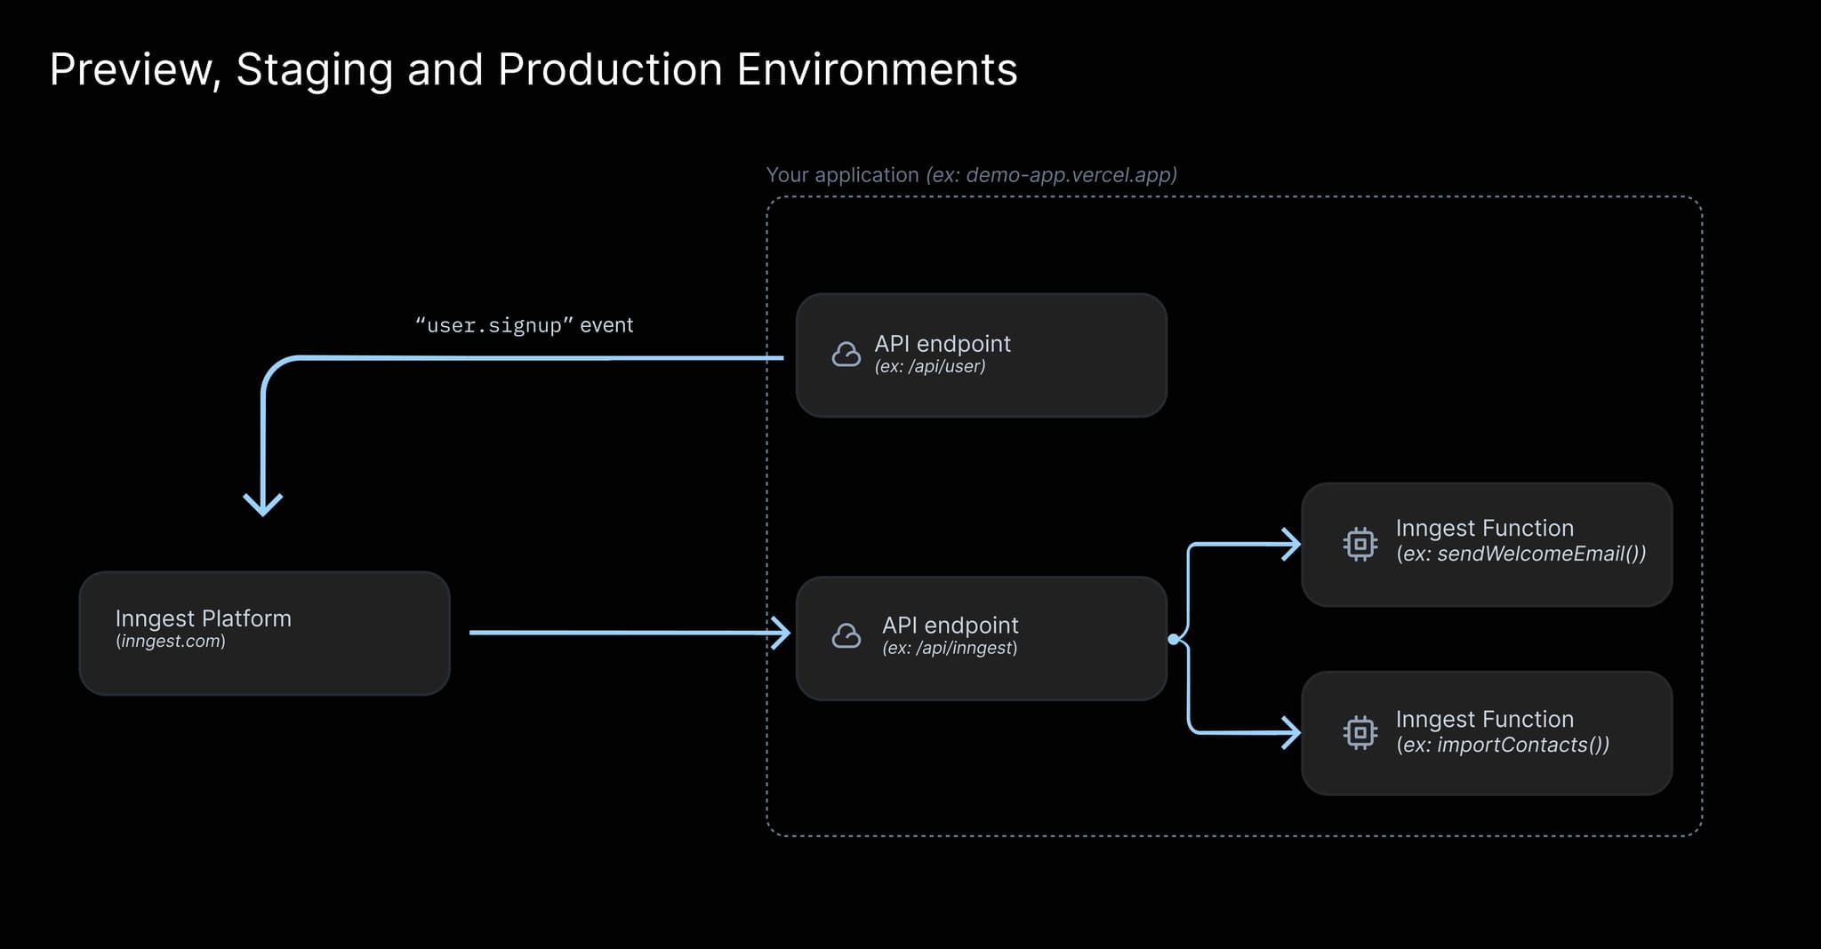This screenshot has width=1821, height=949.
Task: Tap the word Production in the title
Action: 610,70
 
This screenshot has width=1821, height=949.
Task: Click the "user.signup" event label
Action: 524,325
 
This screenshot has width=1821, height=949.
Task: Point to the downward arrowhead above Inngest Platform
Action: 263,505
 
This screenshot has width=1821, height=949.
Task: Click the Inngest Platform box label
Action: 203,618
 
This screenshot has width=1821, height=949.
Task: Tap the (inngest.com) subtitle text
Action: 170,642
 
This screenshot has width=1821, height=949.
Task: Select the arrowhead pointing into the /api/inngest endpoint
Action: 781,633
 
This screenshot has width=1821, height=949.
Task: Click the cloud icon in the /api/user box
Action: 846,355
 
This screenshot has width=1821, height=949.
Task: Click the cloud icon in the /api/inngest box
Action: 846,636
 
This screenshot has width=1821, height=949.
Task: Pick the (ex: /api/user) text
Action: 929,367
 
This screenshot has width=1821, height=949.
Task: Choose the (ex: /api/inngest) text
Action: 949,649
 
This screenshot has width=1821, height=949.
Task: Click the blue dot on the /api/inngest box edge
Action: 1174,639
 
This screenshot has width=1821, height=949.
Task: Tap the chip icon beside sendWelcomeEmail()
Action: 1360,544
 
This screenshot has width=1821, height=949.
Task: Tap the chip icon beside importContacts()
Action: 1360,732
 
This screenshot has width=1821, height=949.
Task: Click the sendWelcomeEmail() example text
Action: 1520,554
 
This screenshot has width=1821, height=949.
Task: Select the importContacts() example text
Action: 1503,746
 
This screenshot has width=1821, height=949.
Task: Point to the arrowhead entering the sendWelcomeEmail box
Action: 1291,544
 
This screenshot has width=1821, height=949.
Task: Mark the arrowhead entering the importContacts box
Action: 1291,732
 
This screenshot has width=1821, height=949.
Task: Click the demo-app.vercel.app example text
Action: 1051,175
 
